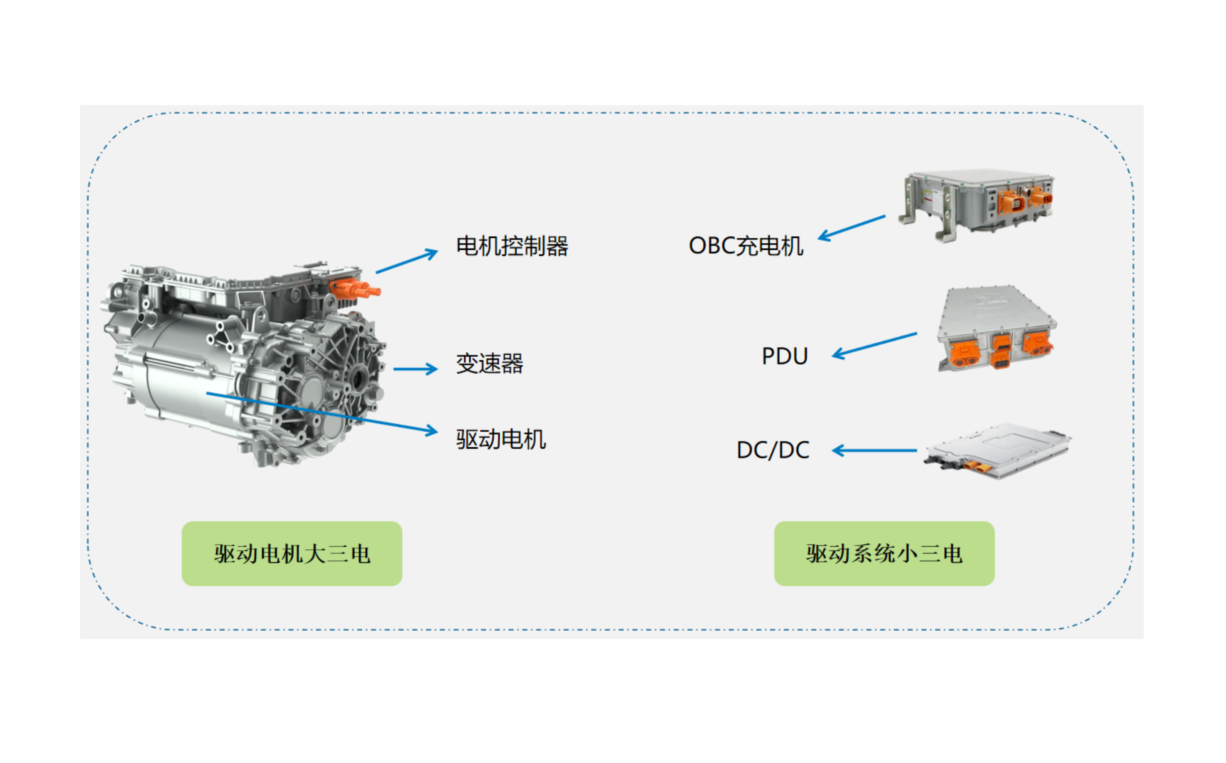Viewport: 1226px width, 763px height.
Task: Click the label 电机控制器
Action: click(x=512, y=246)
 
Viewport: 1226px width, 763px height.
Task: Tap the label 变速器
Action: click(x=489, y=363)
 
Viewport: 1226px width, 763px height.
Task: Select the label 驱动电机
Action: click(x=501, y=439)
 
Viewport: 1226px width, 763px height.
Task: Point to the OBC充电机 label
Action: click(x=745, y=246)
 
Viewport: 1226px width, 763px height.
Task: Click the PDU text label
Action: click(x=784, y=356)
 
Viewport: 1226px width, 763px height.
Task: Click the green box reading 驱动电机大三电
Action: click(x=292, y=554)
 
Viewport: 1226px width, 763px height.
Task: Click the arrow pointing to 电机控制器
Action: click(x=406, y=262)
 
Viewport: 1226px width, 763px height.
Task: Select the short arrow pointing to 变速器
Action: click(x=415, y=369)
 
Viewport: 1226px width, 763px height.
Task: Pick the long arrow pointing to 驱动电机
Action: click(x=323, y=412)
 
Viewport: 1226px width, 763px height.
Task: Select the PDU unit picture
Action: click(x=996, y=328)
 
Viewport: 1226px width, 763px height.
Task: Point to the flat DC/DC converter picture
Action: click(x=997, y=450)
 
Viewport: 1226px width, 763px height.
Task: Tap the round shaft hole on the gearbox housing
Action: click(x=359, y=379)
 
